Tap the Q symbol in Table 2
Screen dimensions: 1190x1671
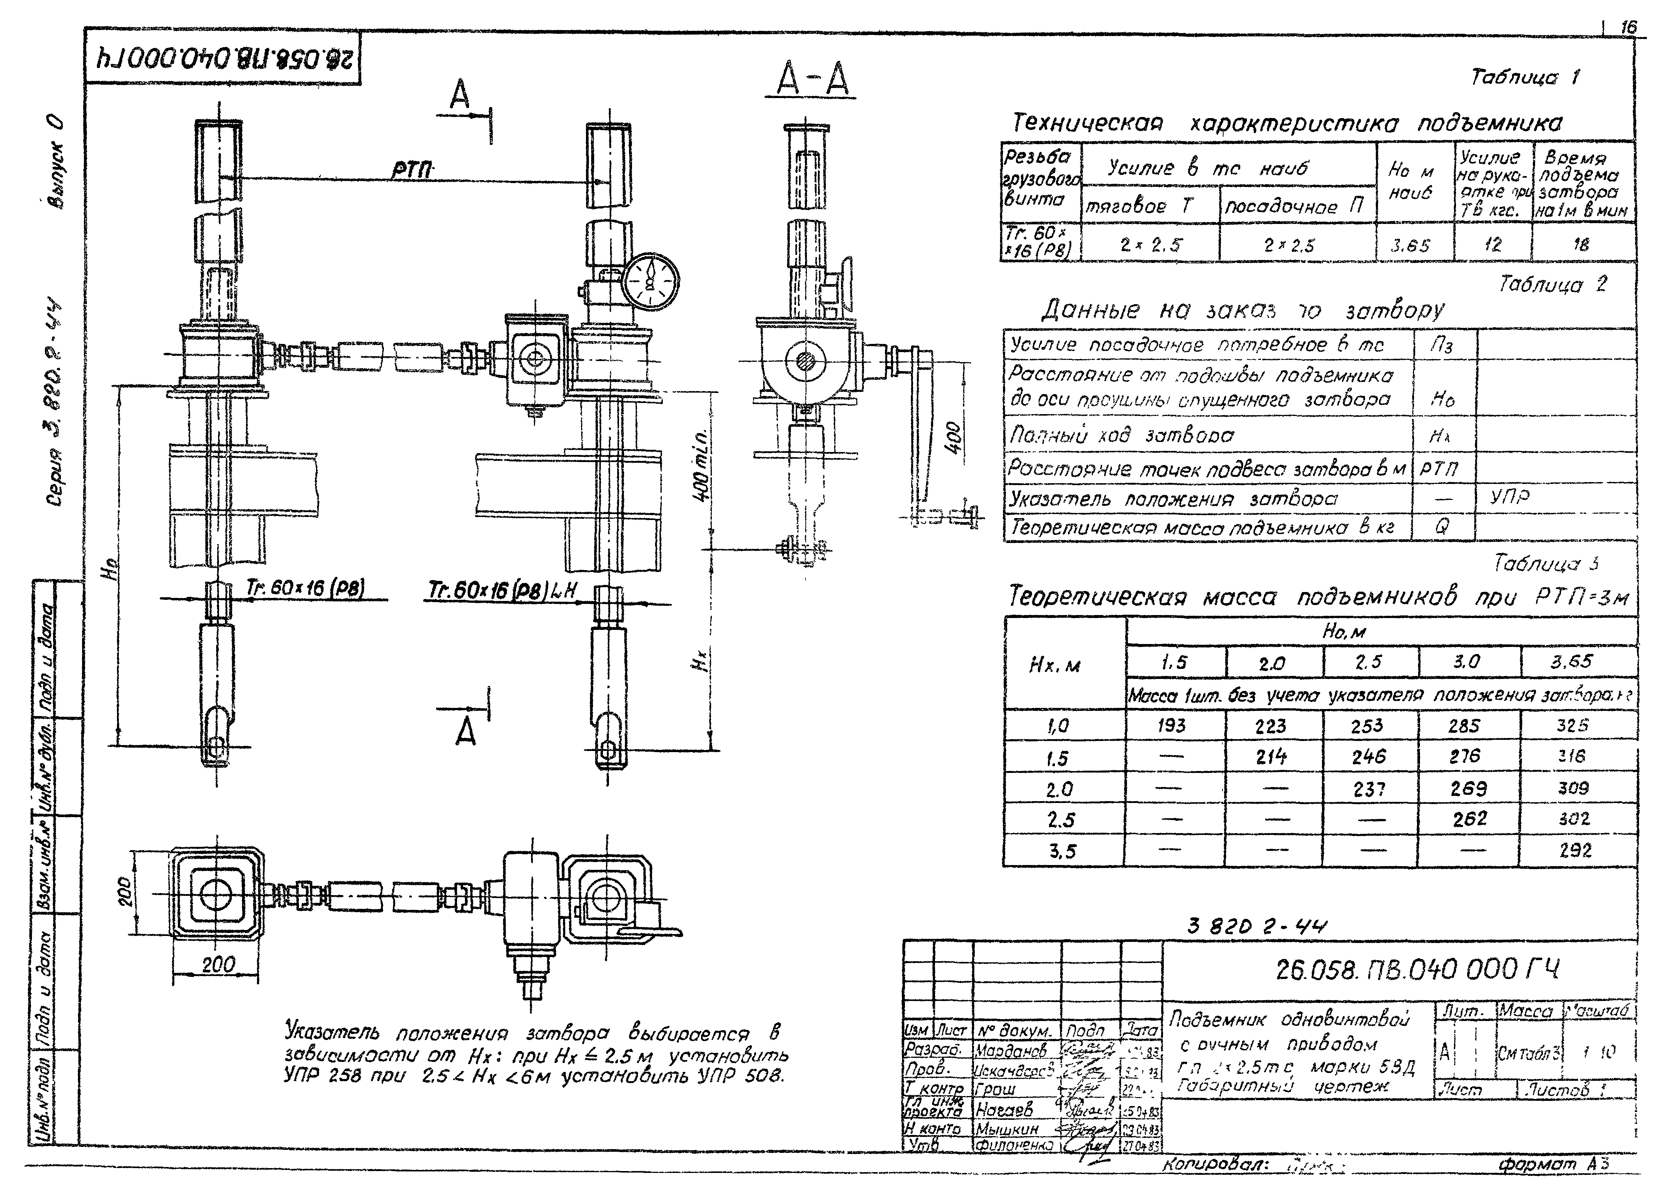pyautogui.click(x=1441, y=526)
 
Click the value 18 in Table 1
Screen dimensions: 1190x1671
pyautogui.click(x=1581, y=245)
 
